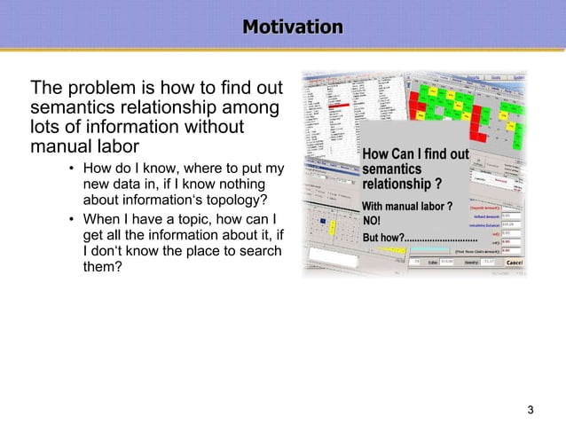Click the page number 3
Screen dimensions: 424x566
coord(531,409)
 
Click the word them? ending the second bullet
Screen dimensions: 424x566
coord(102,267)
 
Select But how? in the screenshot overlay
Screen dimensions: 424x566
coord(384,239)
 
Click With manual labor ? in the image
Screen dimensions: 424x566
coord(407,207)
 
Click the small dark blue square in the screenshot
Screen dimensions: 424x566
coord(322,221)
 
